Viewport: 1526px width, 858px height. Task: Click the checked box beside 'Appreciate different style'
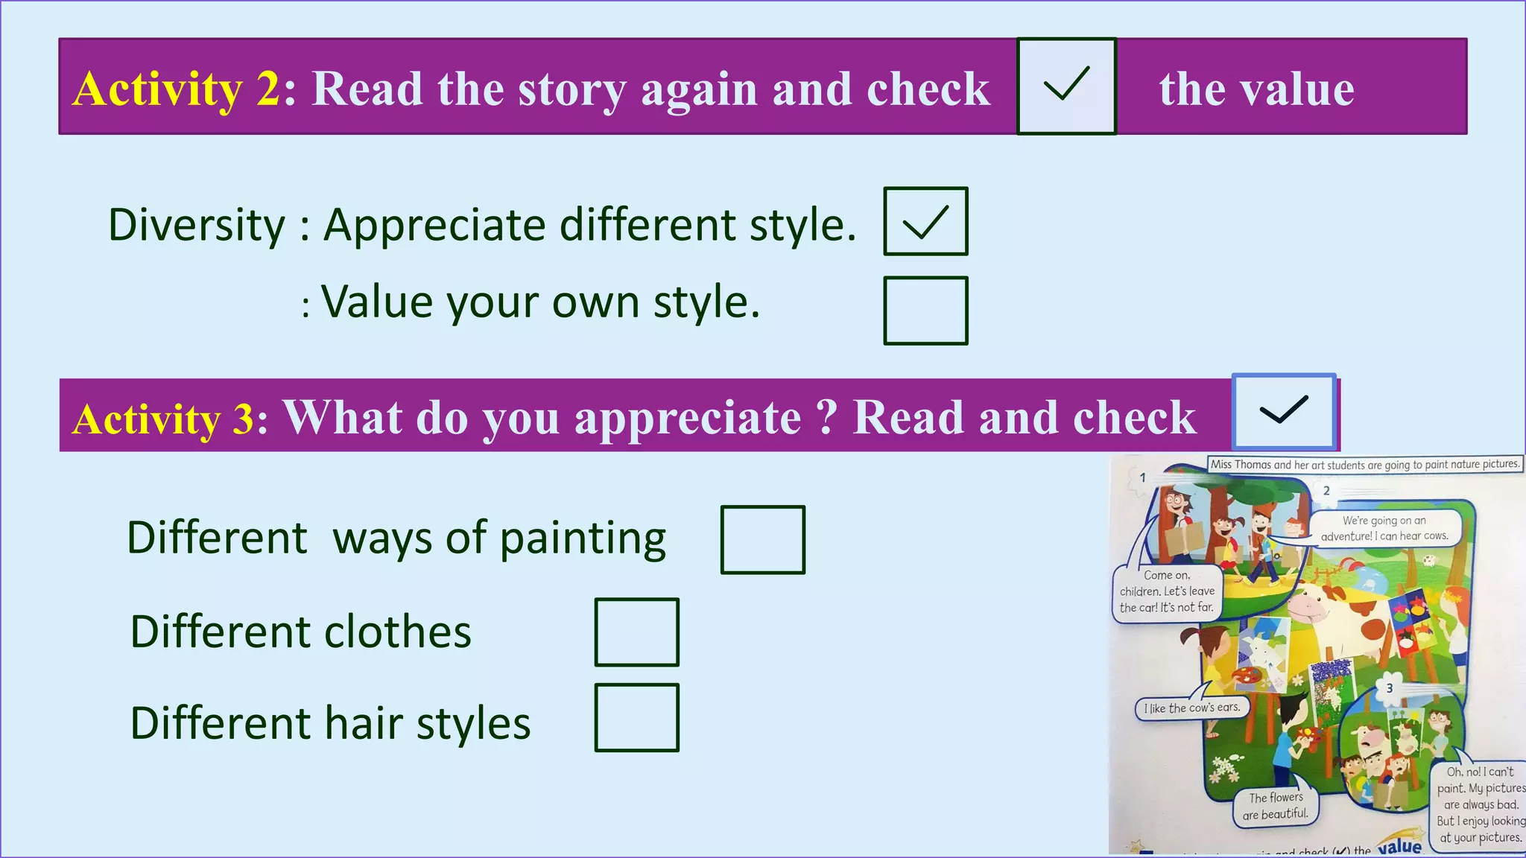925,221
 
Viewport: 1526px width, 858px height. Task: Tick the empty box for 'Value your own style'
925,311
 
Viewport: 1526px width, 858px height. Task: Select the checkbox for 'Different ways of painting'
763,540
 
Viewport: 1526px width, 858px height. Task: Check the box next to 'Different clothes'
637,632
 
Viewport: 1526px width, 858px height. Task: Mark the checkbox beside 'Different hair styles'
637,718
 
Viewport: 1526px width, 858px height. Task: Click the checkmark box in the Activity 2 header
1066,86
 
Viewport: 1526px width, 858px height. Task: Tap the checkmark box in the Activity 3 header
1283,411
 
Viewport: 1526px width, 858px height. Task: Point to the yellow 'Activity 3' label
164,419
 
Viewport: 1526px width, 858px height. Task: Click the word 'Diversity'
197,225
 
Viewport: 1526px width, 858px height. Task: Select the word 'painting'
583,539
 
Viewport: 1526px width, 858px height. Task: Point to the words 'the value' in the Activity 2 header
1256,89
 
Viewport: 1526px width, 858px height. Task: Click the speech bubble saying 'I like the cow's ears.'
1191,708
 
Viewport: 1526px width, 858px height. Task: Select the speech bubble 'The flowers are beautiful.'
1276,806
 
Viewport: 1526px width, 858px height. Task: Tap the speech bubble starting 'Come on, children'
1167,591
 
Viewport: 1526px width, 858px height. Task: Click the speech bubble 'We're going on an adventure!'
1384,528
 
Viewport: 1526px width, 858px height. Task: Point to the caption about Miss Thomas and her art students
1364,464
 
